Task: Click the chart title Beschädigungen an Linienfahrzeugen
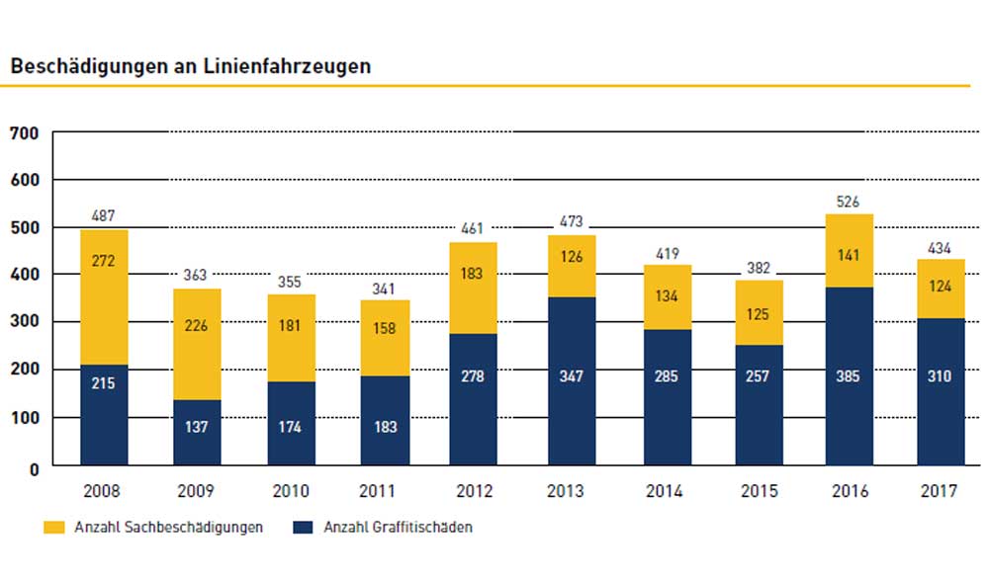(191, 66)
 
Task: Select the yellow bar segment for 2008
(105, 296)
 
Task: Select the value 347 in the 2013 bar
(570, 376)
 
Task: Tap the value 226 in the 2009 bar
(198, 345)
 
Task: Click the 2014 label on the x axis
(664, 491)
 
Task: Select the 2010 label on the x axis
(291, 491)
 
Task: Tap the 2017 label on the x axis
(941, 491)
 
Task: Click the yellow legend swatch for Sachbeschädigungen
(56, 528)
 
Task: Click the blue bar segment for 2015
(758, 405)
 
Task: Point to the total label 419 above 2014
(664, 254)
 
